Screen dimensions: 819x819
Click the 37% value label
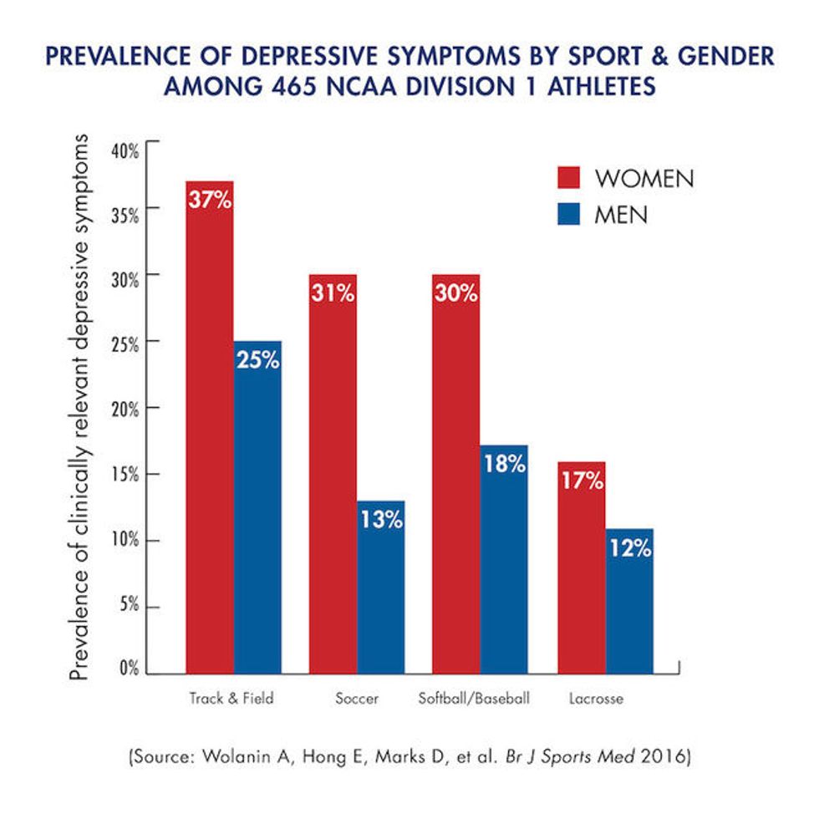(x=210, y=201)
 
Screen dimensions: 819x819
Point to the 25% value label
(x=258, y=361)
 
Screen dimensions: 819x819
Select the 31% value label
(x=333, y=294)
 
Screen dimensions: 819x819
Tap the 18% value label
(x=504, y=465)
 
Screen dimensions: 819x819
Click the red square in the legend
(x=570, y=179)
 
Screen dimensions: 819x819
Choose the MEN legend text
(x=621, y=215)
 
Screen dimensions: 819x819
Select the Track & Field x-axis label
(x=231, y=698)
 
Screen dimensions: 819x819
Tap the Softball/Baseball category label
(x=474, y=698)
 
